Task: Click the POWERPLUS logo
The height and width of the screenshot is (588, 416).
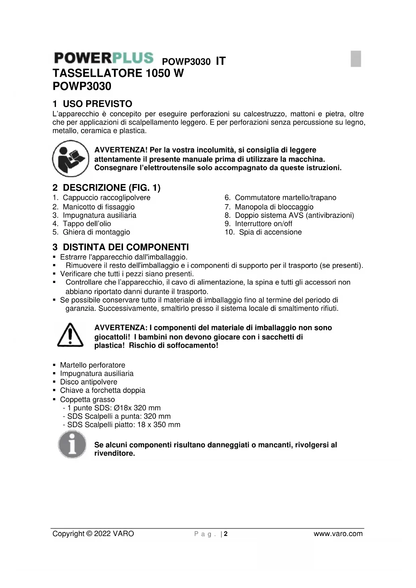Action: click(104, 58)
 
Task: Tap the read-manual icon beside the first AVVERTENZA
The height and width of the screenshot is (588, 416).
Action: click(70, 159)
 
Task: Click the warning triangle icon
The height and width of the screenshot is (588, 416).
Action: click(70, 335)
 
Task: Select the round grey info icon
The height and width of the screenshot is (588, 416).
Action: click(72, 445)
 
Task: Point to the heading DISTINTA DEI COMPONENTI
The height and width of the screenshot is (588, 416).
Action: click(121, 247)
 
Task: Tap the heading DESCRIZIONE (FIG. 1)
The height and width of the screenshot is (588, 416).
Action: click(106, 188)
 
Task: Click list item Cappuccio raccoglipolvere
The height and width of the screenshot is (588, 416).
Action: click(106, 198)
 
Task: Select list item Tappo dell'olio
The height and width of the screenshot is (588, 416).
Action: click(86, 224)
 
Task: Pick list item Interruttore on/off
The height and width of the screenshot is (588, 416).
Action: click(263, 224)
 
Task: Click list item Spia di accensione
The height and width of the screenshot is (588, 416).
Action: click(270, 232)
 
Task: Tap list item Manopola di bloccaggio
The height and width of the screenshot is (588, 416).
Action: click(274, 207)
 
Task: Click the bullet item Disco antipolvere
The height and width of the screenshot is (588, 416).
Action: click(88, 382)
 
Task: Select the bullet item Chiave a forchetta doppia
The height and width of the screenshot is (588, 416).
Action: click(102, 390)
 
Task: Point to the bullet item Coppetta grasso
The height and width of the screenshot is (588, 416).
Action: click(87, 400)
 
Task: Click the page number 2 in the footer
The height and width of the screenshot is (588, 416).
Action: click(226, 534)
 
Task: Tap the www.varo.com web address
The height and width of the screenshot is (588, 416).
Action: click(338, 534)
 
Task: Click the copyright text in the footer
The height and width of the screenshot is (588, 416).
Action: click(93, 534)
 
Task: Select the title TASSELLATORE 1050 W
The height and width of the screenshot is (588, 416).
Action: click(118, 73)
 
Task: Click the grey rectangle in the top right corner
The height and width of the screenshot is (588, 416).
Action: click(356, 59)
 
